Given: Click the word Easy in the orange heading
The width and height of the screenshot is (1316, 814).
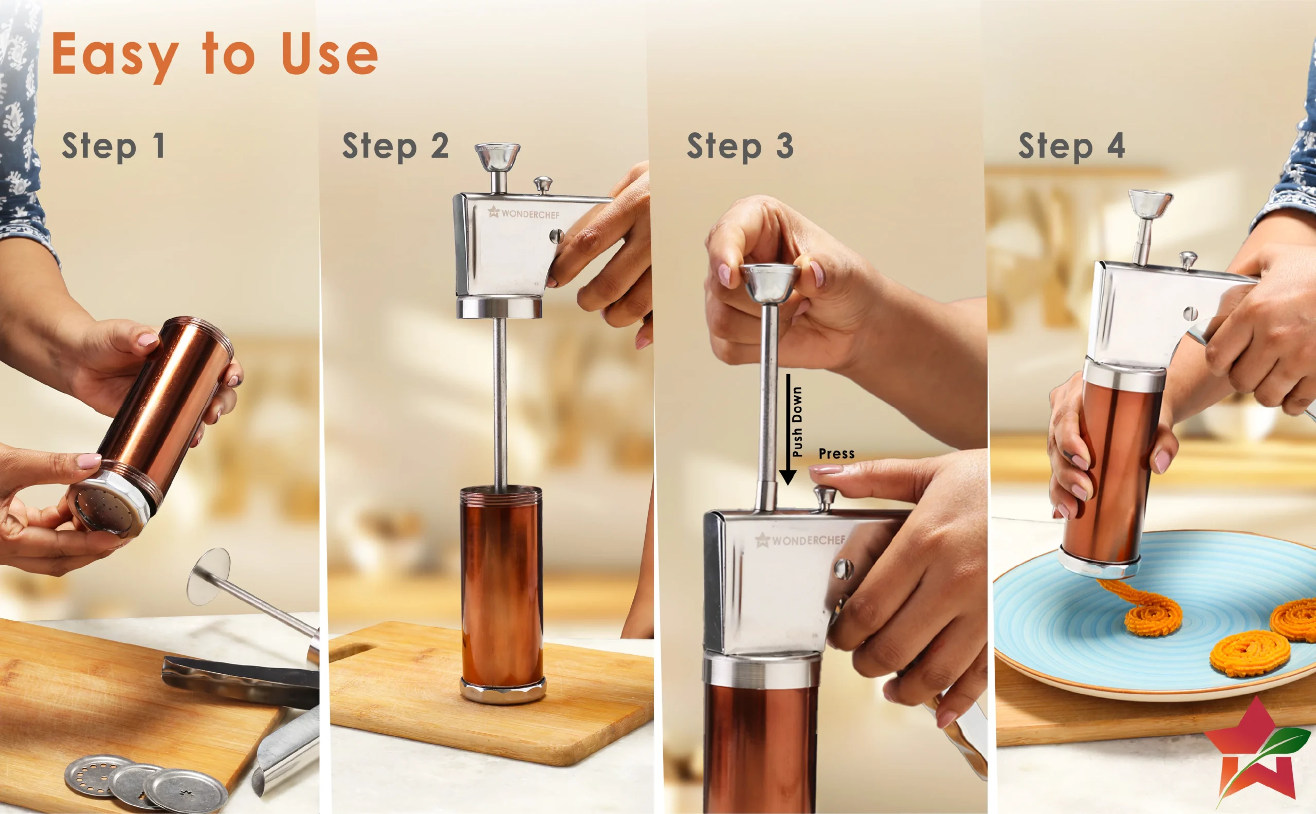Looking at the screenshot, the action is tap(115, 55).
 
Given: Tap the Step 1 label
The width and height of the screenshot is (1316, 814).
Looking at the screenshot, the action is tap(113, 146).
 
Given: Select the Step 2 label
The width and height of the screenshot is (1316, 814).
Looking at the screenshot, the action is tap(395, 146).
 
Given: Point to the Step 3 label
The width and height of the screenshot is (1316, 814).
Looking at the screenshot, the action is tap(740, 146).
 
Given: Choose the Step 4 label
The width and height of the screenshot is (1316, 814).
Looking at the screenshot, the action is tap(1071, 146).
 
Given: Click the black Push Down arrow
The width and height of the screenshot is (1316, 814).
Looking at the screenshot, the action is tap(788, 429).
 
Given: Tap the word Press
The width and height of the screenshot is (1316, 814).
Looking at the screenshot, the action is tap(836, 454).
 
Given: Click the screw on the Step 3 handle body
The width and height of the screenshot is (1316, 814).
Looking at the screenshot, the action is tap(843, 568).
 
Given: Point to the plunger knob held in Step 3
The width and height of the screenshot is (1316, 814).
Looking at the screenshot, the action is tap(769, 283).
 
